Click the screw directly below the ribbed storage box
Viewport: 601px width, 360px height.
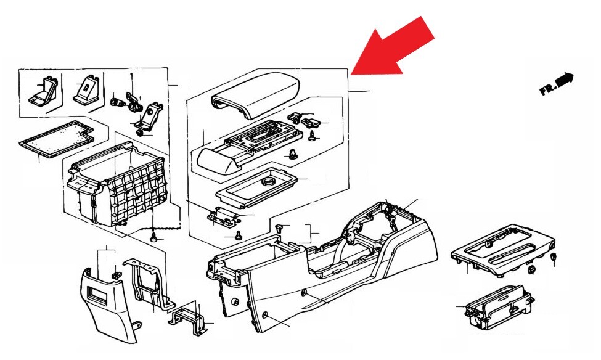[x=154, y=237]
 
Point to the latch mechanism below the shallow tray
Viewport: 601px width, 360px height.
[x=223, y=215]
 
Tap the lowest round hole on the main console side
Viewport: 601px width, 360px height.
[x=264, y=316]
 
